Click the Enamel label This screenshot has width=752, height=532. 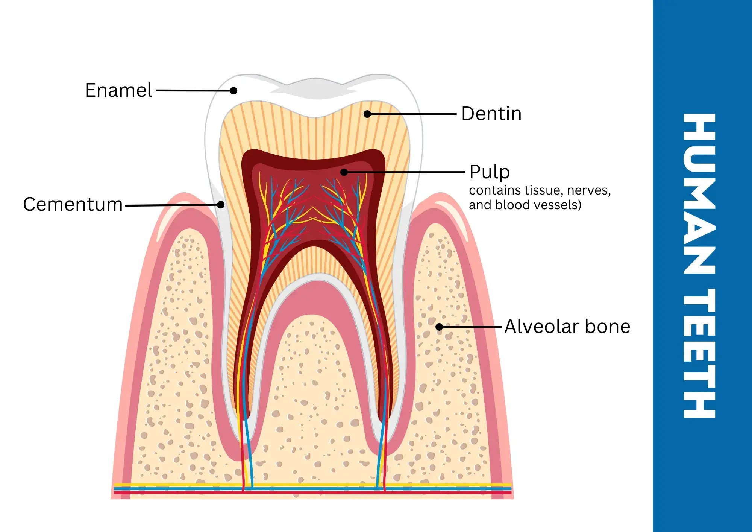[x=118, y=90]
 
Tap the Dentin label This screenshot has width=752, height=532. [x=491, y=114]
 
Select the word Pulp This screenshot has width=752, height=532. [x=490, y=172]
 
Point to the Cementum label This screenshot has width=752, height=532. [x=73, y=204]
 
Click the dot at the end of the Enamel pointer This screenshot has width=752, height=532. [x=233, y=91]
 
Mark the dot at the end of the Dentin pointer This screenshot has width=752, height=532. [x=367, y=114]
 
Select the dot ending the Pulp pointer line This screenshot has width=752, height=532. [x=344, y=172]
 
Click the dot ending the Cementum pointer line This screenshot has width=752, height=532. [x=221, y=205]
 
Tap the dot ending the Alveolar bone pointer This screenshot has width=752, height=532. [x=439, y=327]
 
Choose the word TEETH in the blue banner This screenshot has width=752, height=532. [x=699, y=354]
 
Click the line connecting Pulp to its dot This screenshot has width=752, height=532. [x=406, y=172]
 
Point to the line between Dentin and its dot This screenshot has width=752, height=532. [x=412, y=114]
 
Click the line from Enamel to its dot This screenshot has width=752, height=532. [x=194, y=91]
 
